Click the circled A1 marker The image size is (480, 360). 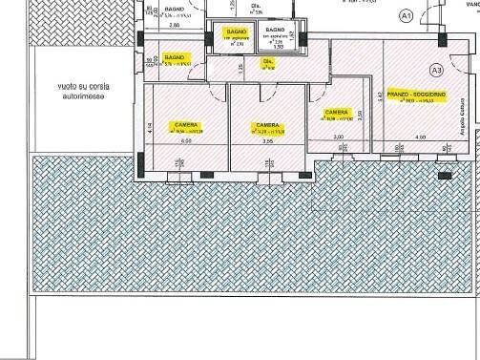pyautogui.click(x=406, y=16)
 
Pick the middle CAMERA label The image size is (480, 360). pyautogui.click(x=266, y=124)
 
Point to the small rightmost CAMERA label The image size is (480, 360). pyautogui.click(x=336, y=111)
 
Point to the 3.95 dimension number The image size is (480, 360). pyautogui.click(x=267, y=168)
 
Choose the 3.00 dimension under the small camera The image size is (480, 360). pyautogui.click(x=338, y=138)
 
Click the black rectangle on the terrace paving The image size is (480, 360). pyautogui.click(x=443, y=176)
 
